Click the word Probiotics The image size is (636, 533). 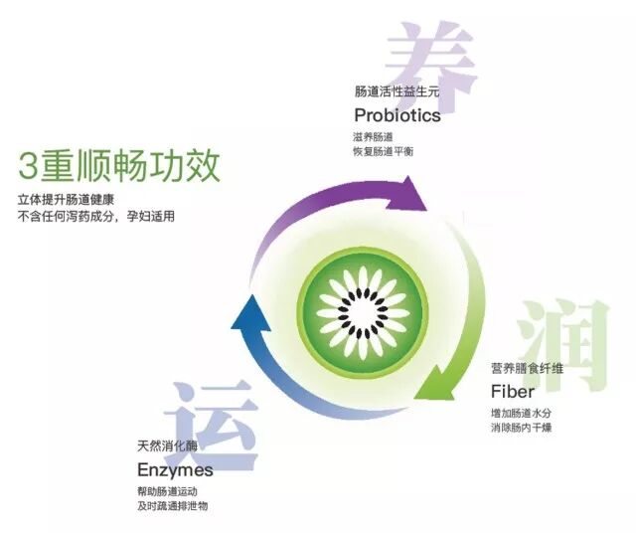point(397,114)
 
